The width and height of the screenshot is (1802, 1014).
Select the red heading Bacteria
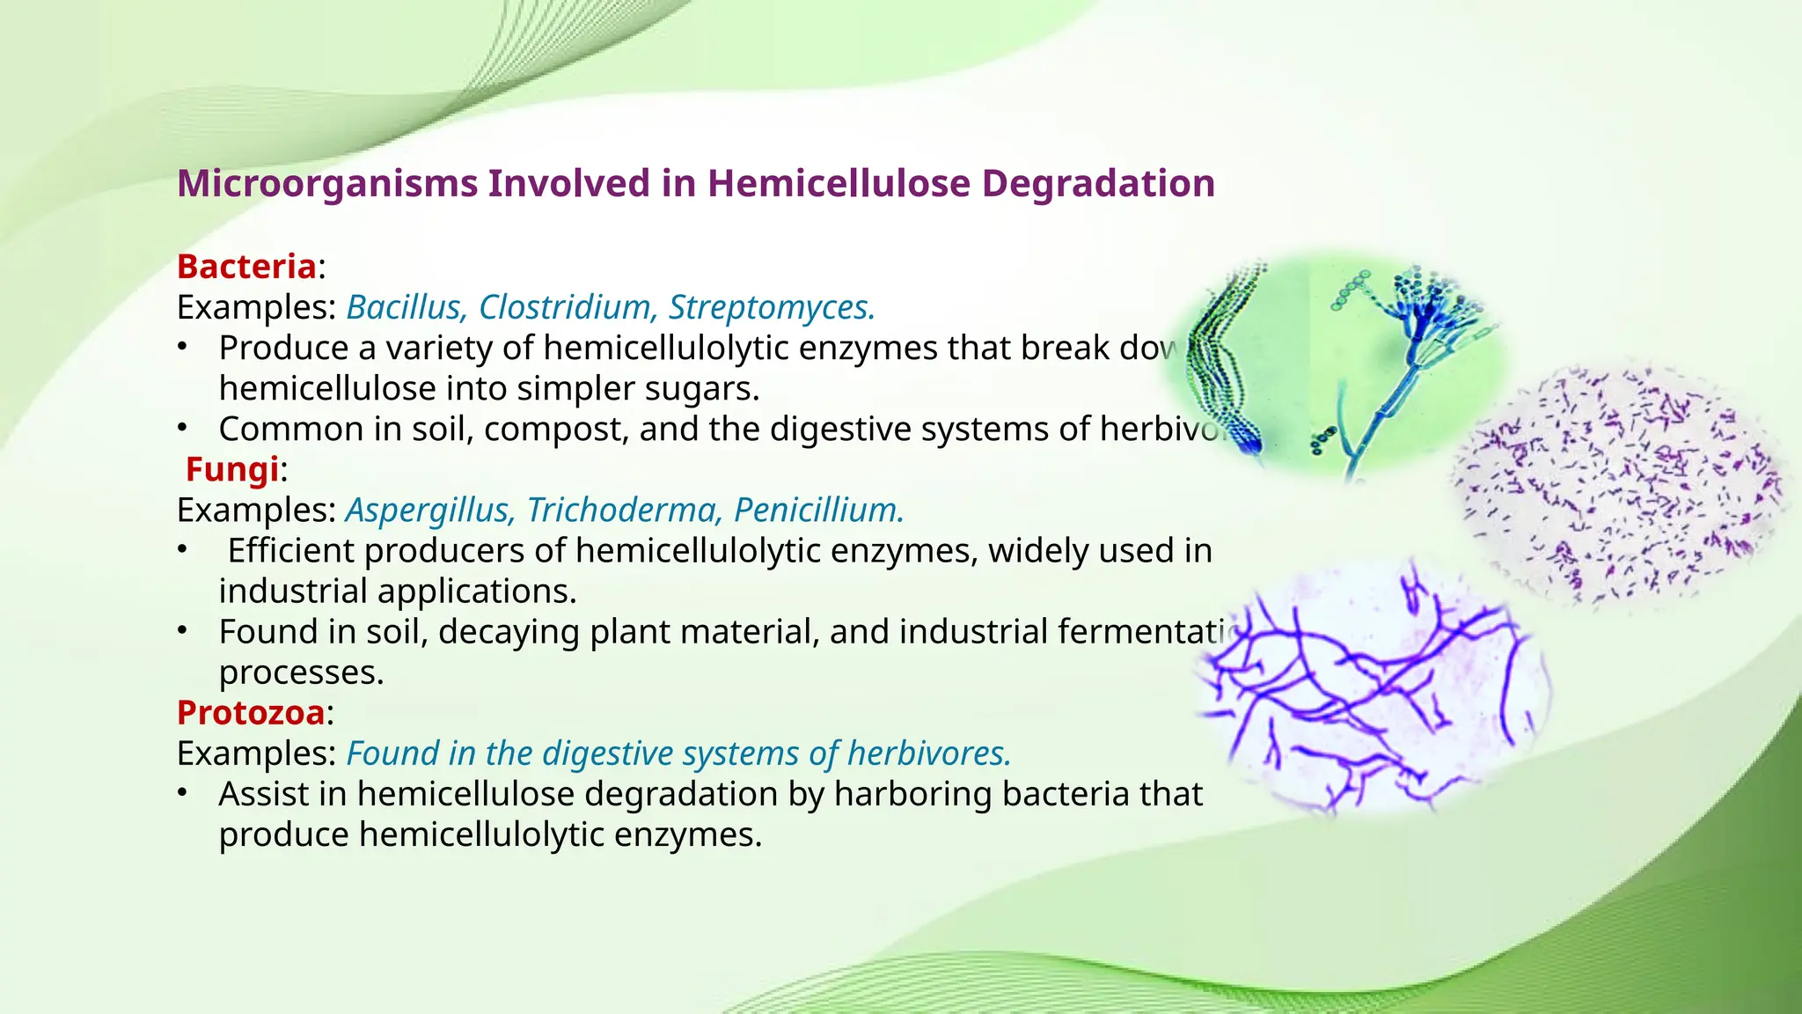pyautogui.click(x=246, y=267)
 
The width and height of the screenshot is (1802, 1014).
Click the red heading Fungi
pyautogui.click(x=232, y=469)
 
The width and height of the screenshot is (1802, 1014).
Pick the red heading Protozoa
pyautogui.click(x=251, y=712)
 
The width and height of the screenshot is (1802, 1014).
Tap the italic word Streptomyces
pyautogui.click(x=772, y=307)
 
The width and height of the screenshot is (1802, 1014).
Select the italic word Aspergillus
pyautogui.click(x=430, y=510)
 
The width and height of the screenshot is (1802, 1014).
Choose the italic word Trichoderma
pyautogui.click(x=629, y=510)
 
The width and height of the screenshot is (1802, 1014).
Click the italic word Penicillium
pyautogui.click(x=819, y=510)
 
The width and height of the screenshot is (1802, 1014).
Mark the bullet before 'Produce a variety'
pyautogui.click(x=182, y=347)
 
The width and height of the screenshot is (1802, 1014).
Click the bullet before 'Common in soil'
pyautogui.click(x=182, y=428)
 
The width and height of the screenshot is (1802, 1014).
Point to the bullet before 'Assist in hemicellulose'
pyautogui.click(x=182, y=793)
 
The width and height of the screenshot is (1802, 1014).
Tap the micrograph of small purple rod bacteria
pyautogui.click(x=1619, y=489)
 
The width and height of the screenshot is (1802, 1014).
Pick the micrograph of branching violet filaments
pyautogui.click(x=1373, y=687)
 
